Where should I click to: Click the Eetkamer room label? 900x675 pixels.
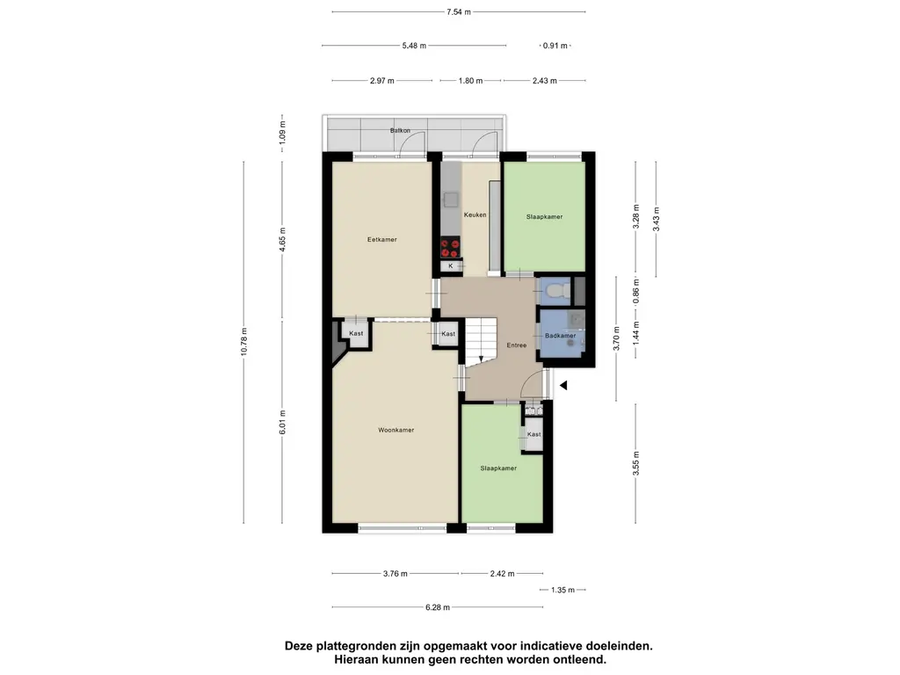tap(381, 239)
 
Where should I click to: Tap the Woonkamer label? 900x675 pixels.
tap(396, 430)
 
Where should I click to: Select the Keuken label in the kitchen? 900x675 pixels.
tap(475, 214)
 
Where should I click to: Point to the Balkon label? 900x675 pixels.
tap(400, 130)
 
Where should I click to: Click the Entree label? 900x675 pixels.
tap(517, 345)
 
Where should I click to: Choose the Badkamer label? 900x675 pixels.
tap(560, 336)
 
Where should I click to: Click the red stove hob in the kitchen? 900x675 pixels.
tap(451, 247)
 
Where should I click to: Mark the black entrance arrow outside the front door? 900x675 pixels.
tap(563, 385)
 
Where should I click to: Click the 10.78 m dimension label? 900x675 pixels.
tap(244, 342)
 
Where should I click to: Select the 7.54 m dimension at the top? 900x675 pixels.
tap(459, 12)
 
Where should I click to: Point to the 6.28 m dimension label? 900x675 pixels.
tap(438, 607)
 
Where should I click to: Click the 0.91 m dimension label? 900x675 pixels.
tap(555, 46)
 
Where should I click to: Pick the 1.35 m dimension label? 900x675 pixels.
tap(562, 590)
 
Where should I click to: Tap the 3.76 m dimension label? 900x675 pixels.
tap(396, 573)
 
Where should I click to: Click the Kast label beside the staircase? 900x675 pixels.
tap(448, 333)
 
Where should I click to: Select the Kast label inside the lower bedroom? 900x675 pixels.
tap(533, 434)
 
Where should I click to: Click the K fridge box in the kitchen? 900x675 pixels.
tap(451, 265)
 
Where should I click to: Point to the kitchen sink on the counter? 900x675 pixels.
tap(451, 200)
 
